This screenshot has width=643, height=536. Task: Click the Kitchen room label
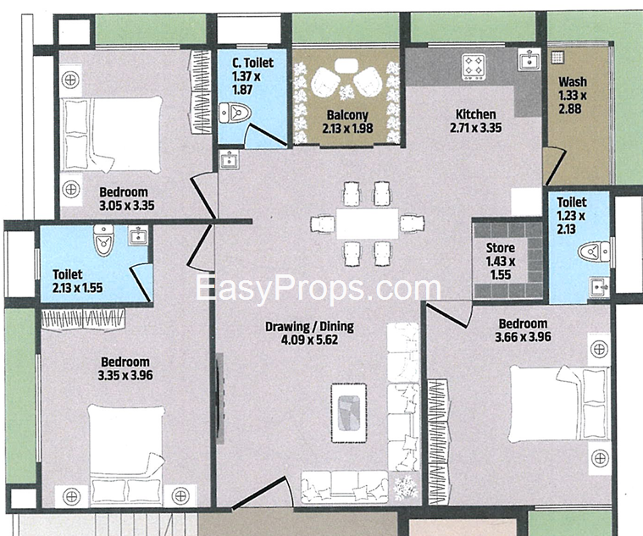pos(476,114)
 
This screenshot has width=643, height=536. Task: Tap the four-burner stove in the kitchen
pos(474,67)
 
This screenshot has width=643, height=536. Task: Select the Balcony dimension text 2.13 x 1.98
pos(347,128)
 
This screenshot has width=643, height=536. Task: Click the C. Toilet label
pos(252,63)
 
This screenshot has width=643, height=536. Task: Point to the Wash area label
pos(573,81)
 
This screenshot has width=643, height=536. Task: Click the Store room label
pos(501,247)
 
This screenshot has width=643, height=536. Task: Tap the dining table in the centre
pos(367,224)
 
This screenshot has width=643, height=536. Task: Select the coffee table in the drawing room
pos(348,412)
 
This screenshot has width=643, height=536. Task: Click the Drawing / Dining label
pos(309,327)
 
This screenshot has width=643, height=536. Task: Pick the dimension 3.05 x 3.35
pos(127,205)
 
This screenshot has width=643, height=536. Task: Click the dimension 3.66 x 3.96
pos(523,337)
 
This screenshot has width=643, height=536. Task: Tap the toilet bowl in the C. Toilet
pos(235,113)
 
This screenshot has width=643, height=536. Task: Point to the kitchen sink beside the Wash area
pos(529,58)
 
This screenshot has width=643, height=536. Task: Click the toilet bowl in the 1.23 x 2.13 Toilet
pos(594,251)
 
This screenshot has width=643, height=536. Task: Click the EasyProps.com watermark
pos(318,288)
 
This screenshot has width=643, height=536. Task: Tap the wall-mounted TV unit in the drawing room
pos(220,399)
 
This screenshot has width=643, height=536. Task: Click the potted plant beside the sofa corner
pos(406,489)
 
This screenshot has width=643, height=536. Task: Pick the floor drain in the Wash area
pos(557,57)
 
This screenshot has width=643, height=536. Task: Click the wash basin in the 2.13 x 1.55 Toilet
pos(138,235)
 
